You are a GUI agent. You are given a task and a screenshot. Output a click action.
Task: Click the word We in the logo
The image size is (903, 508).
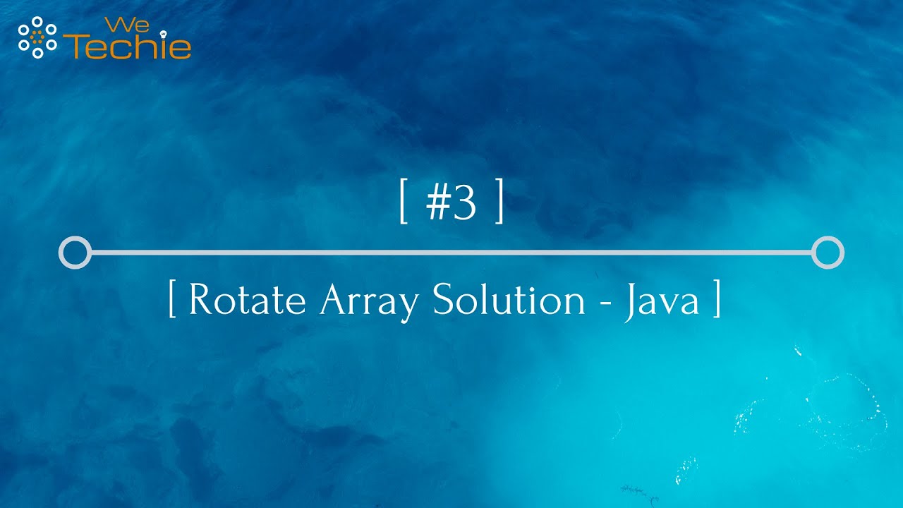116,26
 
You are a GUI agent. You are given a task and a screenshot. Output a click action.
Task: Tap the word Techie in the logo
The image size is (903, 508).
131,47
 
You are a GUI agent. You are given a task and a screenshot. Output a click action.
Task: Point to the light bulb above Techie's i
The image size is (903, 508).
164,32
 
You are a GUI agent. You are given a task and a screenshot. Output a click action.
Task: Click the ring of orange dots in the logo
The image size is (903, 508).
37,36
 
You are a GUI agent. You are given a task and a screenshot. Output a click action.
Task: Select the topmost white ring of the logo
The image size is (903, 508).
37,20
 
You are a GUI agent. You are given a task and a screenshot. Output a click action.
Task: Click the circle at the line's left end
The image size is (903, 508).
75,253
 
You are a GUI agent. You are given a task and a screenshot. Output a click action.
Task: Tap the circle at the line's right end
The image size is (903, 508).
828,253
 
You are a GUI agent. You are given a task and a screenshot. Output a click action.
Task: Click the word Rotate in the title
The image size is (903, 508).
247,300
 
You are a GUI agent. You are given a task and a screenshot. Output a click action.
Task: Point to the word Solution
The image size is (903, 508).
509,300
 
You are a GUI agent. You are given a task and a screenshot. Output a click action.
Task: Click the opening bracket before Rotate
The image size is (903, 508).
172,300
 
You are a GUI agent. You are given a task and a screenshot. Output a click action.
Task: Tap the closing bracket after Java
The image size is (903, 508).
717,300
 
